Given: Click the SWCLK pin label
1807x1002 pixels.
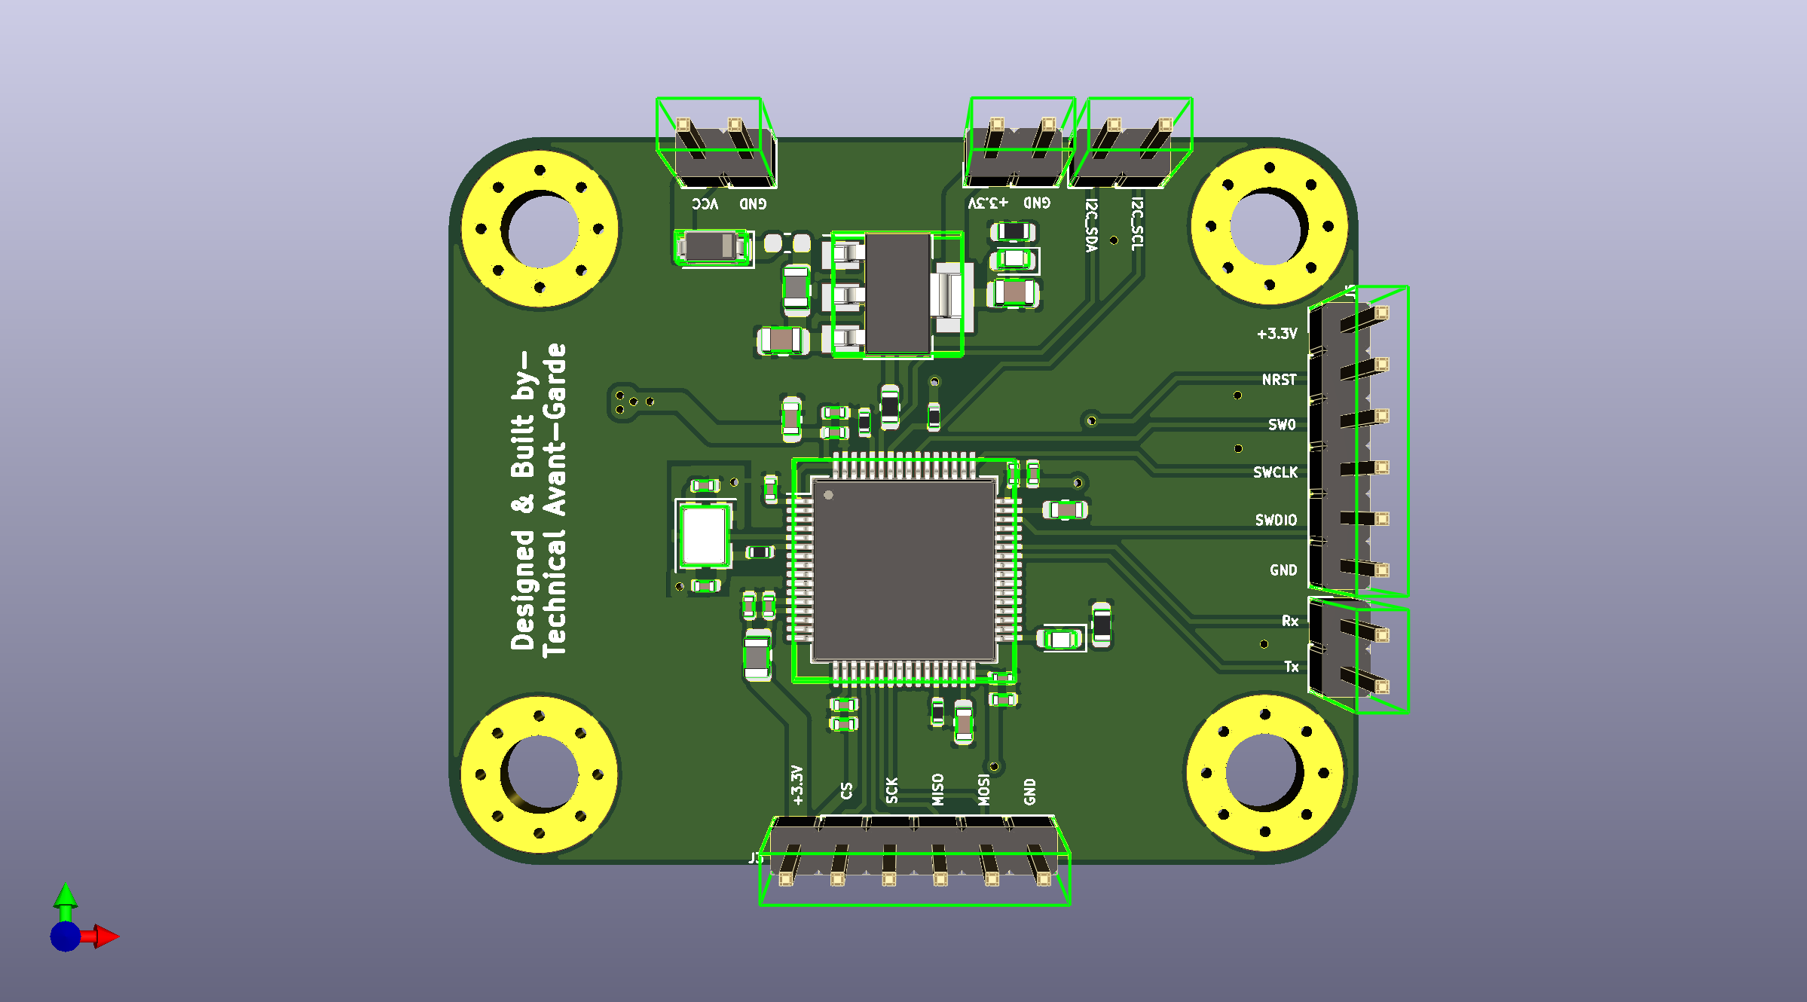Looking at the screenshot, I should coord(1275,472).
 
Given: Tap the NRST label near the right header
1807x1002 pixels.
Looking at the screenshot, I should coord(1279,380).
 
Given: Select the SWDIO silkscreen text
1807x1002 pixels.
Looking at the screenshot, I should coord(1276,520).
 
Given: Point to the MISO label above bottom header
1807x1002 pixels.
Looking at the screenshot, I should coord(937,790).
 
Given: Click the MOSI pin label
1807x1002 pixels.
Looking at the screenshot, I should coord(983,790).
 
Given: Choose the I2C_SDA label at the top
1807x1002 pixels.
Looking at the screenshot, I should coord(1091,225).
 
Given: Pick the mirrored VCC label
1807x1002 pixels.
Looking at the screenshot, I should coord(705,203).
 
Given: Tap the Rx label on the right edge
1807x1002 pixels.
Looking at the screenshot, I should coord(1289,621).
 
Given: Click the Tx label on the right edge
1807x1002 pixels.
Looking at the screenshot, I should coord(1291,667).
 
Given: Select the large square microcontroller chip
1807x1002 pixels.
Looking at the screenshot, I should coord(904,570).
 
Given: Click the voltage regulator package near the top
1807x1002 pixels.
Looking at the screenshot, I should coord(897,294).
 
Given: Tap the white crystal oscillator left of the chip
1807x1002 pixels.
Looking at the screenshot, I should coord(704,536).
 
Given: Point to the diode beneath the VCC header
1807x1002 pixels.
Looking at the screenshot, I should coord(712,246).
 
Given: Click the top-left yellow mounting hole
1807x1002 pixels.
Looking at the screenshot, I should coord(540,229).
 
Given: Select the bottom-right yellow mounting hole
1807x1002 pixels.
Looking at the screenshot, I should coord(1264,773).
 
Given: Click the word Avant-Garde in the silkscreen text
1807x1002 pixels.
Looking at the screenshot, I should coord(555,429).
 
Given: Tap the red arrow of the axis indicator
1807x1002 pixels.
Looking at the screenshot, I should coord(106,936).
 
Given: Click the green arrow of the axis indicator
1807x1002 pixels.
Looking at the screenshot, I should coord(66,896).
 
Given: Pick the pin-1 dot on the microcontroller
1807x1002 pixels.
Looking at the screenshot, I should coord(828,495).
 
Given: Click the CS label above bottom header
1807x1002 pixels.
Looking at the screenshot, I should coord(846,790).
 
